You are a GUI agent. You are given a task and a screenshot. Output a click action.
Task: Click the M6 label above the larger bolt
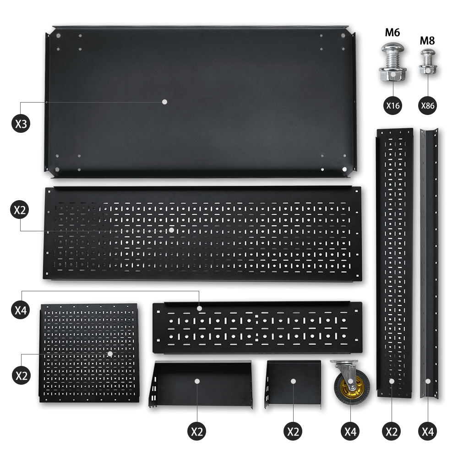point(393,33)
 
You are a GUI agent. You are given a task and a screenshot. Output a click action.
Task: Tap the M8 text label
point(427,41)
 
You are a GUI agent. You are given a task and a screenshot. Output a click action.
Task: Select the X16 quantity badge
point(393,105)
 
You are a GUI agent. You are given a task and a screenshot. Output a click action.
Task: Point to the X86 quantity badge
point(428,105)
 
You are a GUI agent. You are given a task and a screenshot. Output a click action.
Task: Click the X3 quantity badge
point(21,124)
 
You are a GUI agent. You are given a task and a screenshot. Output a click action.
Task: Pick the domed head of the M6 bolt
point(392,49)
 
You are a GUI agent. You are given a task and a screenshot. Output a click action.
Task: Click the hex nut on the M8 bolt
point(428,70)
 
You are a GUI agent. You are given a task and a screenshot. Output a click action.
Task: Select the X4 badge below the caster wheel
point(350,431)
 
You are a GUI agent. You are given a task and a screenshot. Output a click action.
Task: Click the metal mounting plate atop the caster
point(344,363)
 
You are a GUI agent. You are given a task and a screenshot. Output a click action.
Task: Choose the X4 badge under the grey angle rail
point(428,431)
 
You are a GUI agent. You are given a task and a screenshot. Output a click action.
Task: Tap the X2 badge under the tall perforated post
point(392,431)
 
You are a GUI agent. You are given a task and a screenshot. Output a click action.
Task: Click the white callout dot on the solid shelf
point(164,102)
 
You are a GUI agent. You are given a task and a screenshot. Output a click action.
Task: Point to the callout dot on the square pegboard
point(110,354)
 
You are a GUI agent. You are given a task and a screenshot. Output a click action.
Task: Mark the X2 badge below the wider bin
point(196,431)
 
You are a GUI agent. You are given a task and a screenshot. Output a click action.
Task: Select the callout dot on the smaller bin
point(293,381)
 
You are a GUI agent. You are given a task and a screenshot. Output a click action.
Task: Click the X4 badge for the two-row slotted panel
point(21,310)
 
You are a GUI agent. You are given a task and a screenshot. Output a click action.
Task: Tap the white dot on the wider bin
point(197,381)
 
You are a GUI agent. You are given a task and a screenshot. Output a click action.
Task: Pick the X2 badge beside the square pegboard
point(22,376)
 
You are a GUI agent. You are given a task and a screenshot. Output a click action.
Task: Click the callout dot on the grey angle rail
point(428,381)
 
